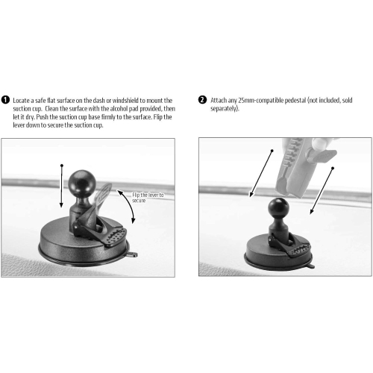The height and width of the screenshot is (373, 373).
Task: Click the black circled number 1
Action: (6, 100)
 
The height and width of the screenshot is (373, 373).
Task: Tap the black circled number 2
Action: (203, 99)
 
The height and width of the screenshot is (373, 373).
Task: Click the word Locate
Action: (22, 100)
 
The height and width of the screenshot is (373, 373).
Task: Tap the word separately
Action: (224, 108)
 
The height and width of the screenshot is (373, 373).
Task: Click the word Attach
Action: (219, 99)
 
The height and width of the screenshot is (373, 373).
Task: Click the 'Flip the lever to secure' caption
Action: (148, 197)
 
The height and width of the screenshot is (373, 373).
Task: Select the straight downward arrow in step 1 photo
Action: (61, 186)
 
